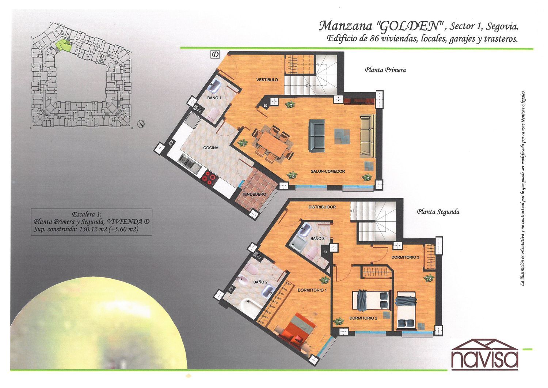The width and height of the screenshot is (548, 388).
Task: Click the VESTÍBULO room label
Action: [267, 80]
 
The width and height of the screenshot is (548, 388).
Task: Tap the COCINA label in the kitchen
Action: [211, 148]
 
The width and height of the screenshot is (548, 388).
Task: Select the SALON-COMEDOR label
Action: [328, 172]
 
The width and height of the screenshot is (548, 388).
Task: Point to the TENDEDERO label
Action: [254, 194]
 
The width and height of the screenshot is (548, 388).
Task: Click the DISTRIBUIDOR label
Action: [322, 207]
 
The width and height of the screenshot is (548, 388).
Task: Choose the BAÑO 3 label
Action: [317, 238]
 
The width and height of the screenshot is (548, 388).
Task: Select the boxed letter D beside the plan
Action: [215, 54]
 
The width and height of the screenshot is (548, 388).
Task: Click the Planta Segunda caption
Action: [438, 212]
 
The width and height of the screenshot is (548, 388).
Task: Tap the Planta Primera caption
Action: [385, 70]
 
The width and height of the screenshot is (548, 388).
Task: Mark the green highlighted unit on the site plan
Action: [63, 46]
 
